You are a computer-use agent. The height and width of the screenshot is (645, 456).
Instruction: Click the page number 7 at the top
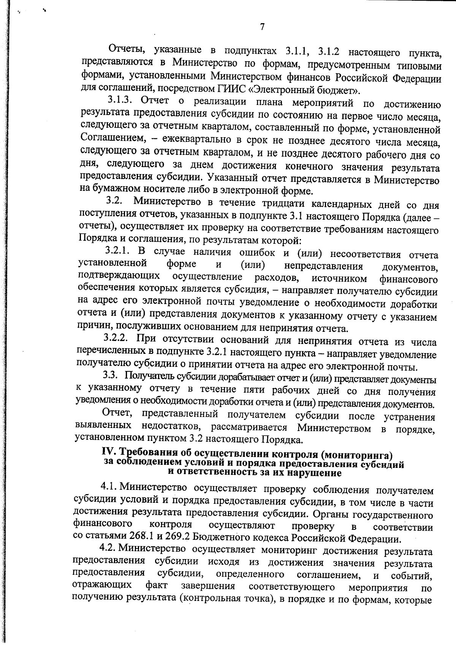pos(262,27)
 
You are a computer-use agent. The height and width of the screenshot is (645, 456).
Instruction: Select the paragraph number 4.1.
pos(108,487)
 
